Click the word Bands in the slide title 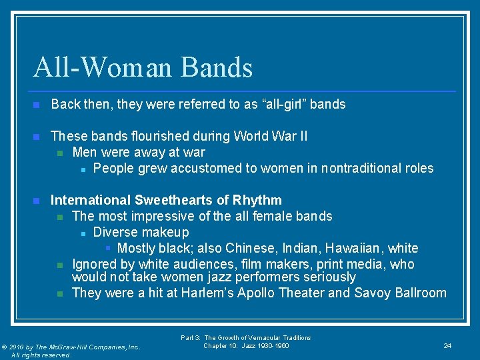(217, 68)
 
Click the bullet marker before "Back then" (37, 105)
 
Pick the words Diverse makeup (141, 232)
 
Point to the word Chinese (249, 248)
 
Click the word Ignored (94, 264)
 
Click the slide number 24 (447, 345)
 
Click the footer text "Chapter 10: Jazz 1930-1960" (246, 346)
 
